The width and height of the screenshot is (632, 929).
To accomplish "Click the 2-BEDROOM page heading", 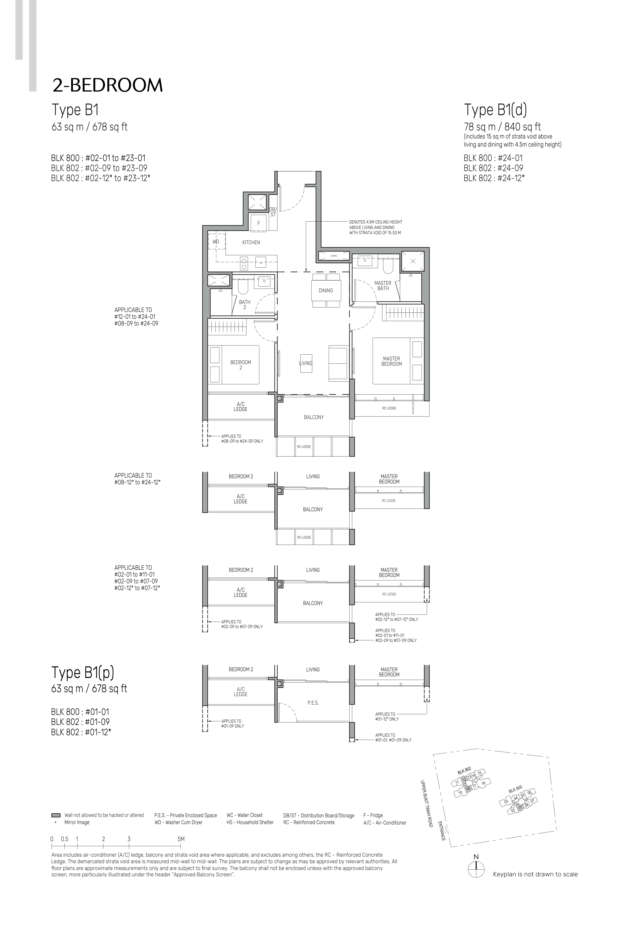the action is point(107,85).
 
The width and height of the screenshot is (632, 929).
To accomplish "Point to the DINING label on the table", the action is point(325,291).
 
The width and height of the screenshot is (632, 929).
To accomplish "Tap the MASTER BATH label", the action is point(383,285).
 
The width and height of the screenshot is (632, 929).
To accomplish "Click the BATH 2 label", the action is point(245,305).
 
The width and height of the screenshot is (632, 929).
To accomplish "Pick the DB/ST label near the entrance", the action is point(273,212).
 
